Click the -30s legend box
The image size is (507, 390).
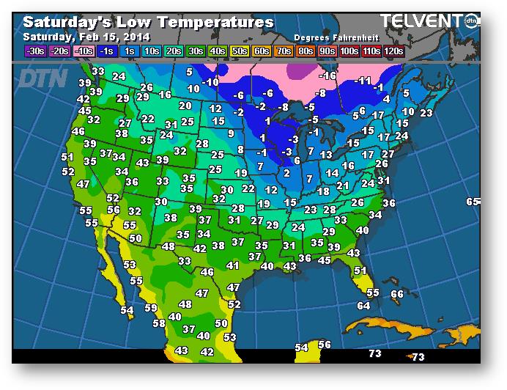point(34,51)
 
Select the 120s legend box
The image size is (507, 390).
point(393,51)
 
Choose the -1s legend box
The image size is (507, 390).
point(106,51)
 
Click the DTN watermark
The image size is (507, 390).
point(42,78)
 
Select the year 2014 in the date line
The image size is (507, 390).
point(136,36)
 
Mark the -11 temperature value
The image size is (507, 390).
point(363,81)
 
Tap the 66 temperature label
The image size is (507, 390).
point(396,294)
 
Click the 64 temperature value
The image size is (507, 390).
point(363,305)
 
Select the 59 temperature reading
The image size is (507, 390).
point(151,308)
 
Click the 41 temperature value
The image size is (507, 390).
point(233,265)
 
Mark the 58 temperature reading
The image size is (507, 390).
point(158,323)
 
